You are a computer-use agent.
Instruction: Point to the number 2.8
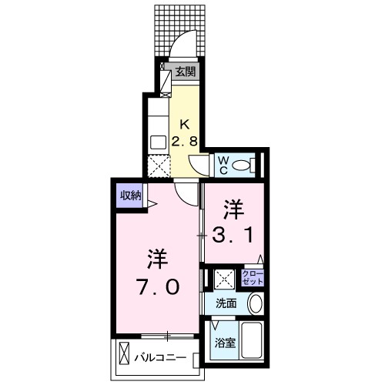coord(185,142)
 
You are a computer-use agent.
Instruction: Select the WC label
coord(222,164)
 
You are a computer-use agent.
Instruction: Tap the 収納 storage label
coord(129,196)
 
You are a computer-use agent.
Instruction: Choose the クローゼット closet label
coord(252,277)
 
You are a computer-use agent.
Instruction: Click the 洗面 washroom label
coord(226,303)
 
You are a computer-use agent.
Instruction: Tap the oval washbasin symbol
coord(255,304)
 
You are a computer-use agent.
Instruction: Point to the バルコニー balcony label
coord(160,358)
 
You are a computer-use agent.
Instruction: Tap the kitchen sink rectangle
coord(158,141)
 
